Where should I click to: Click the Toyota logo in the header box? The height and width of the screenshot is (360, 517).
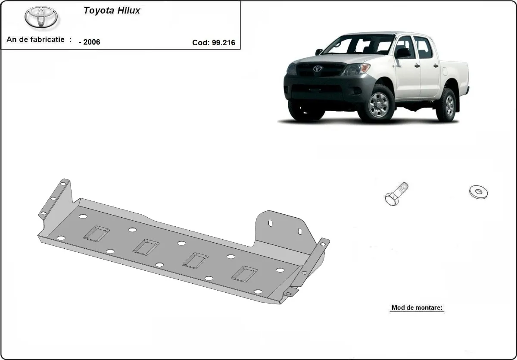pyautogui.click(x=42, y=18)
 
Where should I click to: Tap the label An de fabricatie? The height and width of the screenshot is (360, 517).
pyautogui.click(x=36, y=40)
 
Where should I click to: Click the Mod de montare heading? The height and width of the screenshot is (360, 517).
pyautogui.click(x=417, y=308)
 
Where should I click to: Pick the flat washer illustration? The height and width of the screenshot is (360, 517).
pyautogui.click(x=478, y=192)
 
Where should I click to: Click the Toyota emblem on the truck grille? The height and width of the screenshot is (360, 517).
pyautogui.click(x=317, y=69)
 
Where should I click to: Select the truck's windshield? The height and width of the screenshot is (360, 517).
pyautogui.click(x=360, y=45)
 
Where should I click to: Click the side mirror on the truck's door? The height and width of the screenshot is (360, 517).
pyautogui.click(x=403, y=53)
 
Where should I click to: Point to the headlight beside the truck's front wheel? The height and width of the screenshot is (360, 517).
pyautogui.click(x=356, y=69)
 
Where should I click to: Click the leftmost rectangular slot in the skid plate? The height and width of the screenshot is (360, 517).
pyautogui.click(x=97, y=233)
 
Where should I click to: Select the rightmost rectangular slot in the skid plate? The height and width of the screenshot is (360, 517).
pyautogui.click(x=244, y=272)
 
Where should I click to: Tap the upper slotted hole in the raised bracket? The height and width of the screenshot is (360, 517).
pyautogui.click(x=270, y=224)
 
